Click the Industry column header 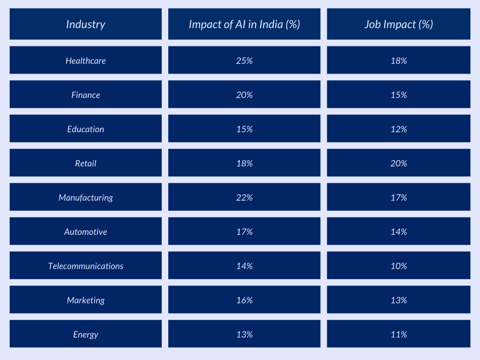(86, 24)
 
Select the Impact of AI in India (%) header (244, 24)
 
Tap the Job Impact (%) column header (398, 24)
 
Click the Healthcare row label (86, 60)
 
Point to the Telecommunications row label (86, 266)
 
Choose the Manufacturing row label (86, 197)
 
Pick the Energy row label (86, 334)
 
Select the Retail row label (86, 163)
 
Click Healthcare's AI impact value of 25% (244, 60)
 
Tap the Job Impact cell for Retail (398, 163)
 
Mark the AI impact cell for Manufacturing (244, 197)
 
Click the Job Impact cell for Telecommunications (398, 266)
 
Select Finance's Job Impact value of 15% (398, 95)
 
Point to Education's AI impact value (244, 129)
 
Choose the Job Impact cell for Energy (398, 334)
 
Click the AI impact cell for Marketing (244, 300)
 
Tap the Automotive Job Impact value (398, 232)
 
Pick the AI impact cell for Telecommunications (244, 266)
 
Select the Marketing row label (86, 300)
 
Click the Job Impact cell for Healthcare (398, 60)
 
